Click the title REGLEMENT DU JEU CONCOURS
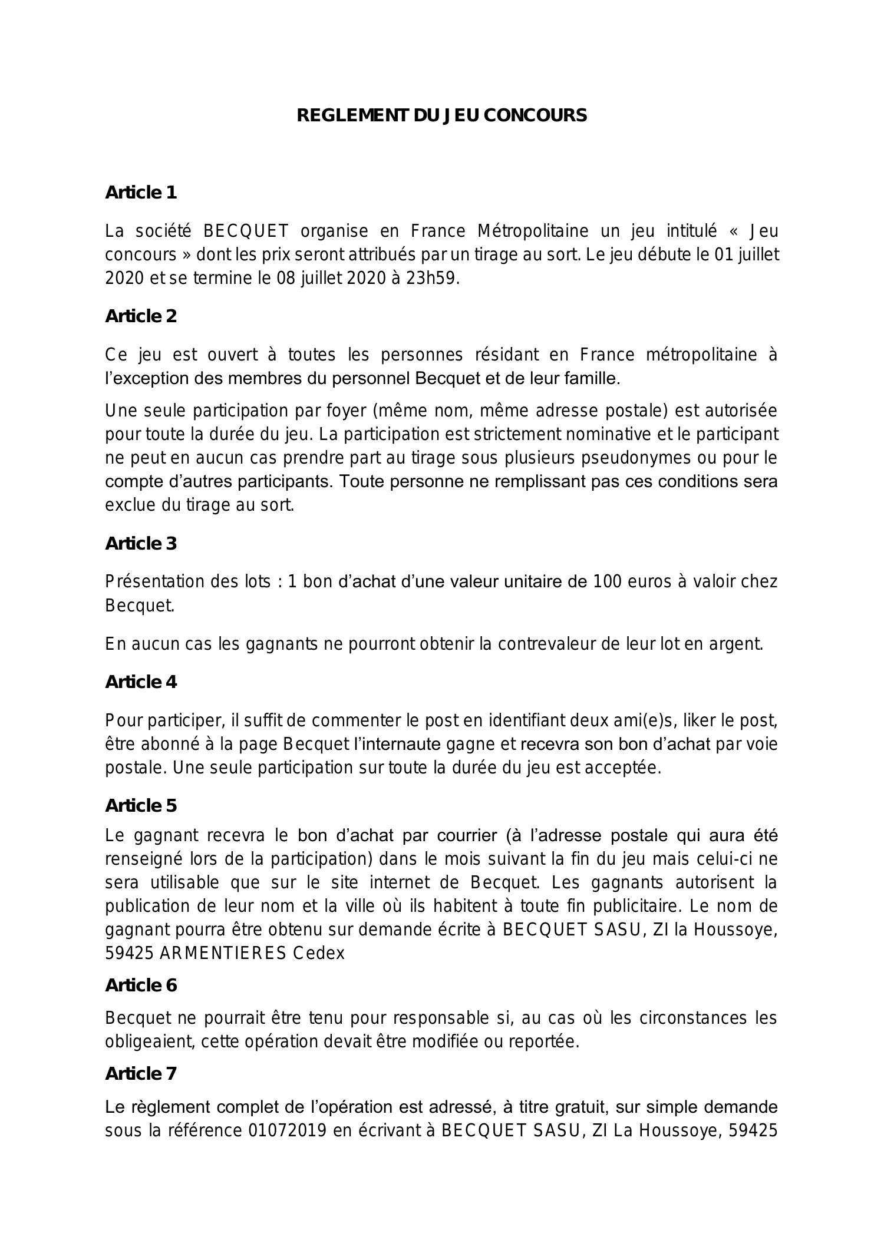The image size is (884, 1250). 441,115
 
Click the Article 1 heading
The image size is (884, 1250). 141,193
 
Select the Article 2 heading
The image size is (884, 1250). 141,316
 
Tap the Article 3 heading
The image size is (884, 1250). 141,544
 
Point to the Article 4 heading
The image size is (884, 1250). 141,682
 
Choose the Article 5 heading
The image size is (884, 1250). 141,806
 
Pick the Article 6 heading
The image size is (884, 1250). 141,986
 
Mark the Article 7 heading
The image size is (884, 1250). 141,1074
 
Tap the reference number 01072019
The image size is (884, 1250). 288,1131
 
